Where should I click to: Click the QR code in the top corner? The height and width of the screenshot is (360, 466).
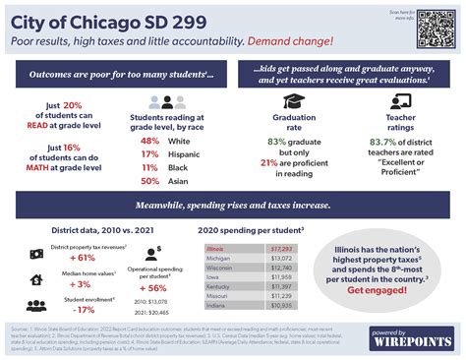(434, 29)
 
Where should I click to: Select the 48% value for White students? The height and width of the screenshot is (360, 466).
(151, 141)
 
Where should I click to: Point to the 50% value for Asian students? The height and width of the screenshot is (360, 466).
(151, 181)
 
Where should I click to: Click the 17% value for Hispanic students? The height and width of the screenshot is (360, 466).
(151, 154)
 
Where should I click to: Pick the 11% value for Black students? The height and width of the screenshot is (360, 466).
(151, 168)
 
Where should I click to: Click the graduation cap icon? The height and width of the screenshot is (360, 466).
(293, 101)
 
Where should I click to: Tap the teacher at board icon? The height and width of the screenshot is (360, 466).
(400, 101)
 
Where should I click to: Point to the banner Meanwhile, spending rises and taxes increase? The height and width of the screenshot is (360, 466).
(233, 207)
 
